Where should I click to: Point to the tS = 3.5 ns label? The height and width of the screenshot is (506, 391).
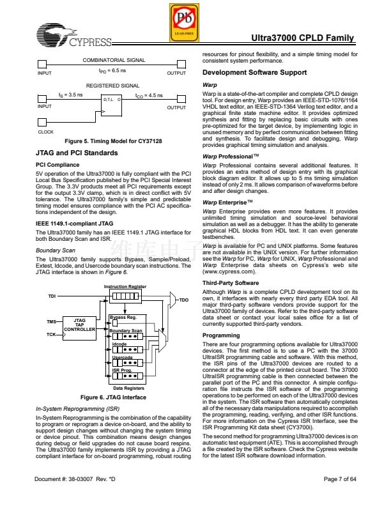pyautogui.click(x=70, y=95)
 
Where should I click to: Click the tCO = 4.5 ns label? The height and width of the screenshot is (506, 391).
pyautogui.click(x=149, y=95)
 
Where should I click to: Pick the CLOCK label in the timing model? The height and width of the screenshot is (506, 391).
pyautogui.click(x=46, y=132)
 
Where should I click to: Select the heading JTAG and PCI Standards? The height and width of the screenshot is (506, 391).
pyautogui.click(x=77, y=153)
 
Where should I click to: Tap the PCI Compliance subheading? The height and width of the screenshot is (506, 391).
pyautogui.click(x=57, y=165)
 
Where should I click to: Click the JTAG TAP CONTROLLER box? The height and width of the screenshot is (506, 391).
pyautogui.click(x=80, y=325)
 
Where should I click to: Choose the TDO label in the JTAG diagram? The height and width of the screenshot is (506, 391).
pyautogui.click(x=184, y=300)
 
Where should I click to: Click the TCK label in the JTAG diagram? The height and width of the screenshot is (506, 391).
pyautogui.click(x=50, y=334)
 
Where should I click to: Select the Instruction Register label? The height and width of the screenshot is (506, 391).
pyautogui.click(x=125, y=287)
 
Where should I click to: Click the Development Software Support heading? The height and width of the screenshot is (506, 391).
pyautogui.click(x=254, y=73)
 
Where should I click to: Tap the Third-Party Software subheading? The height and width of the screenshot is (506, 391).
pyautogui.click(x=231, y=282)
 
